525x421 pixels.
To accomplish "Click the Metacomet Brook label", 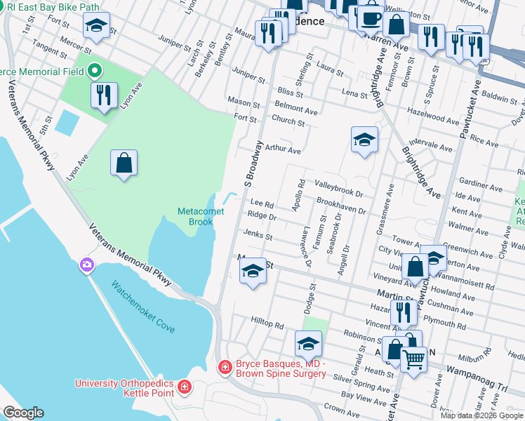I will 195,216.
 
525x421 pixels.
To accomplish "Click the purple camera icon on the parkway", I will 86,265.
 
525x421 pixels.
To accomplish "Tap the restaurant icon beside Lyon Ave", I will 104,95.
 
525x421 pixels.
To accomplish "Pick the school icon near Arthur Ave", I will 364,140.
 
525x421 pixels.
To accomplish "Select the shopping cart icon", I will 414,359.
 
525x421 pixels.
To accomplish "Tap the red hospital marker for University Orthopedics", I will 184,387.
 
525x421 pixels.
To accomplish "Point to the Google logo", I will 23,413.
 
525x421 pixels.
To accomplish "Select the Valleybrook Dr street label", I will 338,189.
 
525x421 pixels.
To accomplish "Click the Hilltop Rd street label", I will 267,324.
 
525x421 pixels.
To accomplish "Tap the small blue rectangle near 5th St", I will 67,123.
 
